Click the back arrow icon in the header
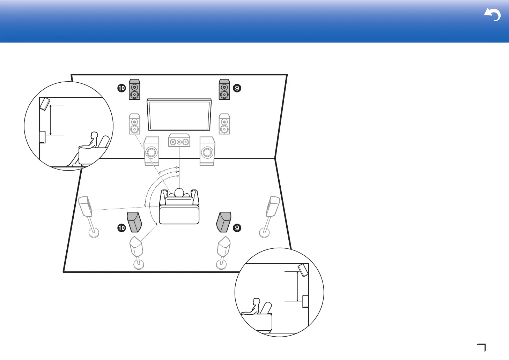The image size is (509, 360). click(x=492, y=15)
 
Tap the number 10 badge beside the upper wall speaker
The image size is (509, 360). click(x=121, y=88)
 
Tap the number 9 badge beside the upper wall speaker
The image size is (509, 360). click(x=237, y=88)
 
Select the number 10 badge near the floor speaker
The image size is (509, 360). click(x=121, y=228)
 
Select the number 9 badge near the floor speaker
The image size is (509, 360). click(x=237, y=228)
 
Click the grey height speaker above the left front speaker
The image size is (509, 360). click(x=134, y=89)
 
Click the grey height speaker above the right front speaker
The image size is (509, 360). click(x=224, y=89)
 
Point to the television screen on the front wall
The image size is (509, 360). click(x=179, y=115)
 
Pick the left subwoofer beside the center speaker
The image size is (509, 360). click(x=152, y=151)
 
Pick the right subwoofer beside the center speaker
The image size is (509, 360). click(x=207, y=151)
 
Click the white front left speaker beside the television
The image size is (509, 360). click(x=134, y=124)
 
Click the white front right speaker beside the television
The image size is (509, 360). click(x=224, y=124)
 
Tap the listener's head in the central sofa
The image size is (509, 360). click(x=179, y=193)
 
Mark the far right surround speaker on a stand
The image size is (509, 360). click(x=273, y=207)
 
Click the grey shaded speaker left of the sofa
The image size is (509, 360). click(x=134, y=222)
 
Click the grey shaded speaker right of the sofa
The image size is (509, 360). click(x=224, y=222)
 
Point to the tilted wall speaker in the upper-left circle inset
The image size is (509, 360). click(x=44, y=104)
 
